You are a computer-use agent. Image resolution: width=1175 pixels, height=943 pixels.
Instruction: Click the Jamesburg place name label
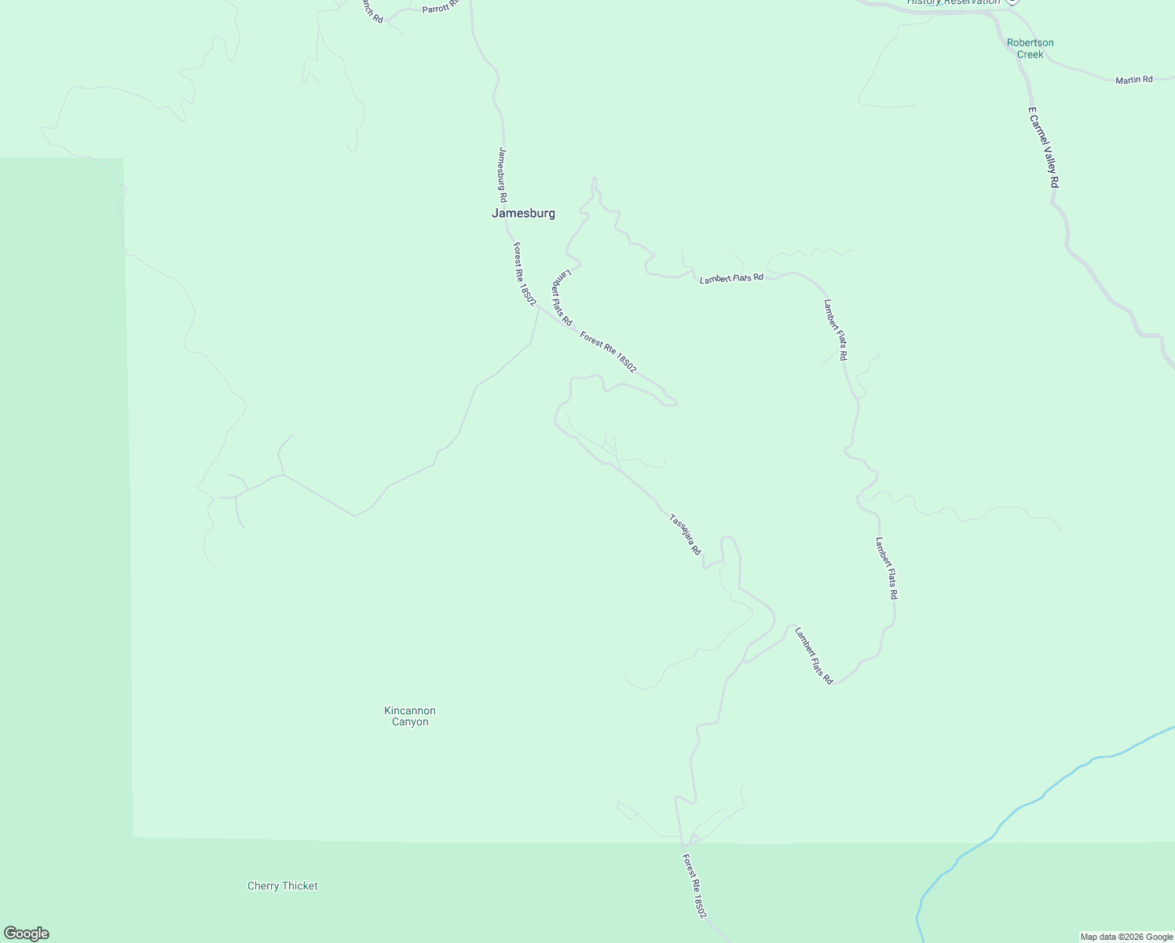(523, 213)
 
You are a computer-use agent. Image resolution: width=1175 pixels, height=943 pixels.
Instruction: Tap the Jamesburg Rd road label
(503, 174)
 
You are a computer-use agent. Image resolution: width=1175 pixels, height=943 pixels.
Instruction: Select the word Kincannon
(410, 710)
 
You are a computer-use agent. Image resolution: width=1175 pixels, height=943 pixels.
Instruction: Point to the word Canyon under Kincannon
(410, 722)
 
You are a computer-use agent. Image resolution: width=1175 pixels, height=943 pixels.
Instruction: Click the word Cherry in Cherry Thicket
(263, 886)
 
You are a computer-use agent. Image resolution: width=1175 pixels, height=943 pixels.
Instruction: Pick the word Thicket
(299, 886)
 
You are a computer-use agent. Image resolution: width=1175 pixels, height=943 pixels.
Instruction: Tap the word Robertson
(1030, 42)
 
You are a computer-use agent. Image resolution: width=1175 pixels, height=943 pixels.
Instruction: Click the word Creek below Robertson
(1030, 54)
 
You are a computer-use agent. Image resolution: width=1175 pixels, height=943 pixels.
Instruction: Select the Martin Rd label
(1133, 79)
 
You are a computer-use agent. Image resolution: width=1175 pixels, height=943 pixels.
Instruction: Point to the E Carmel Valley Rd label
(1044, 147)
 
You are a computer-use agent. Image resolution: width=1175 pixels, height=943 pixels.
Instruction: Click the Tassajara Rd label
(685, 534)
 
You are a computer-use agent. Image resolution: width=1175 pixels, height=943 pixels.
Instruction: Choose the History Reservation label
(954, 2)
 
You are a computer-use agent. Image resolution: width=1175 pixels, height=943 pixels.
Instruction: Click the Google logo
(27, 934)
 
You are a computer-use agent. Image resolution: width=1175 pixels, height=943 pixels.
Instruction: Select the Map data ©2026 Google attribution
(1126, 937)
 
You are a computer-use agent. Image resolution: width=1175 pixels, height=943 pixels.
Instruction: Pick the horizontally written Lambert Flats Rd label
(731, 278)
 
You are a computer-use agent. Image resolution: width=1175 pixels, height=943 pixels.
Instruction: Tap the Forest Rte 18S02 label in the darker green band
(694, 886)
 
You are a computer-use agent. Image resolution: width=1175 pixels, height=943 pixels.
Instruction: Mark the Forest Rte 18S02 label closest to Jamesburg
(525, 273)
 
